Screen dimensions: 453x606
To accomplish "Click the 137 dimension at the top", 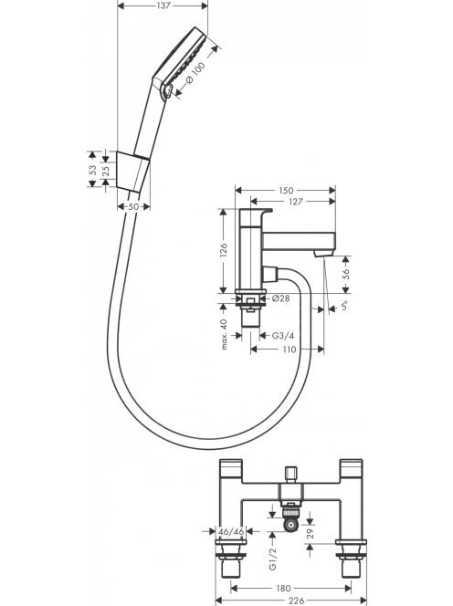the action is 163,5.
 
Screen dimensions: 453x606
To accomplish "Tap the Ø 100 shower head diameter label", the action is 195,74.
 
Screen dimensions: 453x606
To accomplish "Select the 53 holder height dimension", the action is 93,170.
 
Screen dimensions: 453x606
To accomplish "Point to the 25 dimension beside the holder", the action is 106,171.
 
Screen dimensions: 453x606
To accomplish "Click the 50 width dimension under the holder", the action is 133,207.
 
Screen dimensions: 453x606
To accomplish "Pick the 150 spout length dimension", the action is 286,190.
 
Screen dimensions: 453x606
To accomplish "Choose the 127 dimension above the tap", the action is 295,202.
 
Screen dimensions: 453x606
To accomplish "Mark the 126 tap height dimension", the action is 223,251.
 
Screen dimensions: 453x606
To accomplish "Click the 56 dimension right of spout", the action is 346,274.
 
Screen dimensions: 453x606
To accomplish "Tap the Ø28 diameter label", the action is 280,298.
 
